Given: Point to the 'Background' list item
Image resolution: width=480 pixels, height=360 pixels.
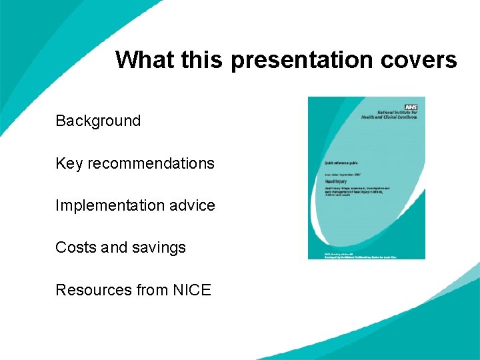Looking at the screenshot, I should click(x=98, y=121).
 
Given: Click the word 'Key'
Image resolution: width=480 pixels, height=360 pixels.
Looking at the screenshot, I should click(x=68, y=163).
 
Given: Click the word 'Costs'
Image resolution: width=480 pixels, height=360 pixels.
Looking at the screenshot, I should click(x=75, y=247).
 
